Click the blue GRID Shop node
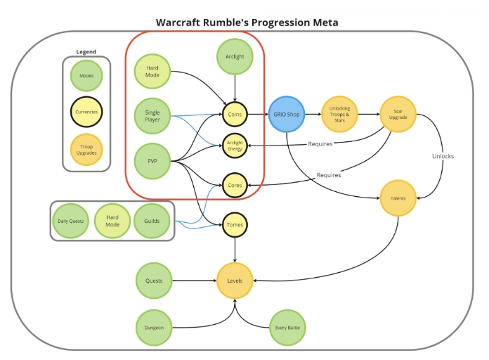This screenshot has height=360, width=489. click(x=286, y=115)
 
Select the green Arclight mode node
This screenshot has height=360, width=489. click(x=235, y=56)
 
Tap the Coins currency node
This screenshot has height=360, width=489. click(x=235, y=115)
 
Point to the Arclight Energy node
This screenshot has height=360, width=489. click(x=235, y=146)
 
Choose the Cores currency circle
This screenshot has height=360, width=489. click(x=235, y=185)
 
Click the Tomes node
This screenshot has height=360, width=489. click(x=235, y=225)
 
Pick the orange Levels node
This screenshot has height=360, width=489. click(x=235, y=281)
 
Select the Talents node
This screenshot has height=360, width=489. click(x=398, y=198)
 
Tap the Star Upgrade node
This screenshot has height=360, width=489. click(x=398, y=115)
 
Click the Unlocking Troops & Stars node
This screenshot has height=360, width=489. click(x=339, y=115)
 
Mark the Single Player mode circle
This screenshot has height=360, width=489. click(x=152, y=116)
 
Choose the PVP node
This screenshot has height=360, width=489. click(x=152, y=161)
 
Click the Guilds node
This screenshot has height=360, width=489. click(x=152, y=221)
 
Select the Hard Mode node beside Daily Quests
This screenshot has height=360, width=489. click(x=112, y=221)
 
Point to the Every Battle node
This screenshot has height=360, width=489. click(x=287, y=328)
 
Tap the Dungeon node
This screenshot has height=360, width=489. click(x=154, y=328)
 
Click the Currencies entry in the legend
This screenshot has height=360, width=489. click(x=86, y=112)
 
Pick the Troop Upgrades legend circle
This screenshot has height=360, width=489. click(x=86, y=150)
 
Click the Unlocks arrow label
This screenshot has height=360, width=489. click(x=443, y=156)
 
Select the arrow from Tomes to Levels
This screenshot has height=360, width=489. click(x=235, y=250)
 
